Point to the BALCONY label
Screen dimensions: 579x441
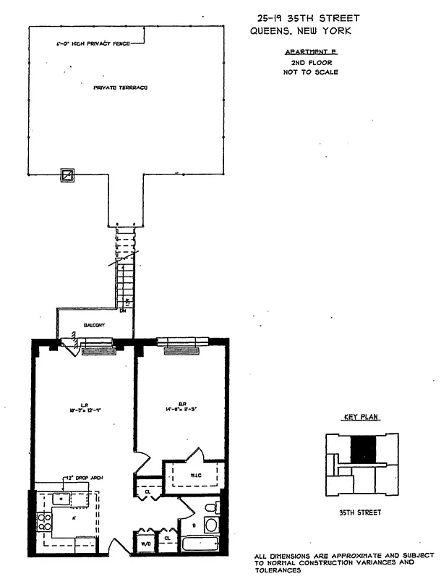pos(94,326)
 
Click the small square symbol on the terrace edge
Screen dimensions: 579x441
pos(67,175)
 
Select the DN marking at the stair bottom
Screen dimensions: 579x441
pos(123,311)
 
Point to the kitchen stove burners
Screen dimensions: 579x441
pos(43,522)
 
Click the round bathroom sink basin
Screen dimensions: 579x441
pos(211,525)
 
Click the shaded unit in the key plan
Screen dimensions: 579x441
pos(363,450)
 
